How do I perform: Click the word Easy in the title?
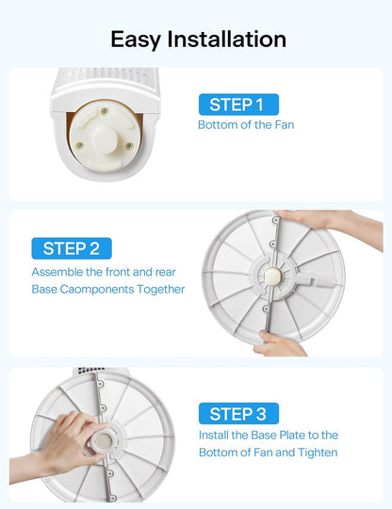tap(136, 40)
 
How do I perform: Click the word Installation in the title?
tap(227, 39)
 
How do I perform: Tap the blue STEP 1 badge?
tap(238, 104)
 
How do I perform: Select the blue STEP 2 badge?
tap(72, 248)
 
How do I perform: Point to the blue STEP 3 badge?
tap(238, 414)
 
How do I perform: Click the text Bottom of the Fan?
tap(246, 124)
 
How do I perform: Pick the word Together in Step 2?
tap(160, 289)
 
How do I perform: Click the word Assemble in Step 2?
tap(57, 272)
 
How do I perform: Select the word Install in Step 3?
tap(213, 435)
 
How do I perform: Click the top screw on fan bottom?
tap(105, 111)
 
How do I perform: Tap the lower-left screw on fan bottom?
tap(80, 146)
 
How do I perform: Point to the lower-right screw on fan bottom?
tap(129, 146)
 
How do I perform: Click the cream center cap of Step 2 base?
tap(271, 277)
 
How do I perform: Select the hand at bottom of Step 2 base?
tap(279, 344)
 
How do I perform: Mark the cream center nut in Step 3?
tap(103, 441)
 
